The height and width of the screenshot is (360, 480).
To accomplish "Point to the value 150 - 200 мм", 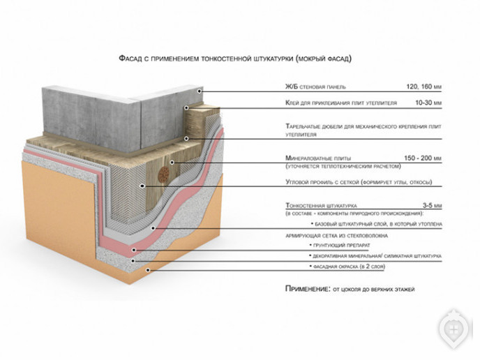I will pyautogui.click(x=422, y=158).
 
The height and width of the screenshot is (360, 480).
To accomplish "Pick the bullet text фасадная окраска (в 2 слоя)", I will pyautogui.click(x=349, y=267).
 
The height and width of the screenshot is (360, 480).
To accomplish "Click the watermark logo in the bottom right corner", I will pyautogui.click(x=455, y=328).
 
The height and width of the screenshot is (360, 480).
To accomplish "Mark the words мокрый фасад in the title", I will pyautogui.click(x=322, y=60).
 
